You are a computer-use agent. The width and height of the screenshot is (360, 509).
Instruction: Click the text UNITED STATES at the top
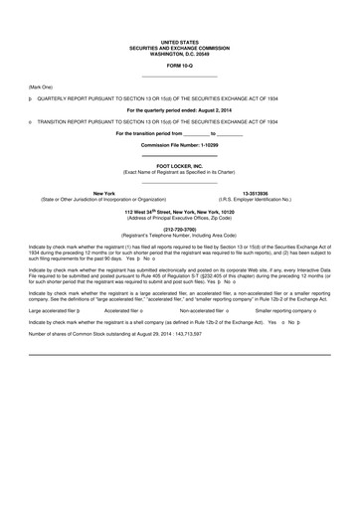point(179,42)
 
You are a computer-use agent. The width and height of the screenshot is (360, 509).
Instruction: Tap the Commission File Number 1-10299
point(179,145)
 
